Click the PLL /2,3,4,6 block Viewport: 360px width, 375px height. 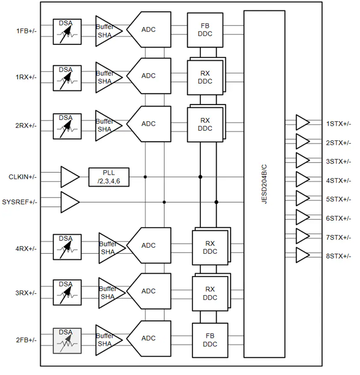pyautogui.click(x=109, y=177)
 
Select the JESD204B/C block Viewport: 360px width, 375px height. pyautogui.click(x=264, y=184)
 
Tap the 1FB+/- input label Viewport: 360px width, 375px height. pyautogui.click(x=26, y=31)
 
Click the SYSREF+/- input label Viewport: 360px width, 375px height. pyautogui.click(x=20, y=202)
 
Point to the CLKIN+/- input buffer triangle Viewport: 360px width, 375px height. pyautogui.click(x=69, y=177)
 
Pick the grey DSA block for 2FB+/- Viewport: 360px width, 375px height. pyautogui.click(x=67, y=341)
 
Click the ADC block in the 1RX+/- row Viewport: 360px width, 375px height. pyautogui.click(x=149, y=76)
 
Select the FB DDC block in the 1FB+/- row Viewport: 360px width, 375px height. pyautogui.click(x=205, y=30)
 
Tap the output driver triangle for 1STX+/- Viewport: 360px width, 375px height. pyautogui.click(x=302, y=123)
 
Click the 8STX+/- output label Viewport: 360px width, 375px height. pyautogui.click(x=339, y=256)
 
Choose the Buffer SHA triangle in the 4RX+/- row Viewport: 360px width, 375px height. pyautogui.click(x=110, y=248)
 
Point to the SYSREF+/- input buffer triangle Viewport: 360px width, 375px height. pyautogui.click(x=69, y=202)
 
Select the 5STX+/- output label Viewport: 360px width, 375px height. pyautogui.click(x=339, y=199)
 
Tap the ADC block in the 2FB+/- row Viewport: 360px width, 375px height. pyautogui.click(x=149, y=338)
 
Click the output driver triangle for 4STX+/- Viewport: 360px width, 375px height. pyautogui.click(x=302, y=180)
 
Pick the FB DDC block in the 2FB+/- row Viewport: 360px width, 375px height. pyautogui.click(x=210, y=340)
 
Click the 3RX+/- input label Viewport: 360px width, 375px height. pyautogui.click(x=26, y=293)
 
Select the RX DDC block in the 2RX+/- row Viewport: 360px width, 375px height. pyautogui.click(x=205, y=125)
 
